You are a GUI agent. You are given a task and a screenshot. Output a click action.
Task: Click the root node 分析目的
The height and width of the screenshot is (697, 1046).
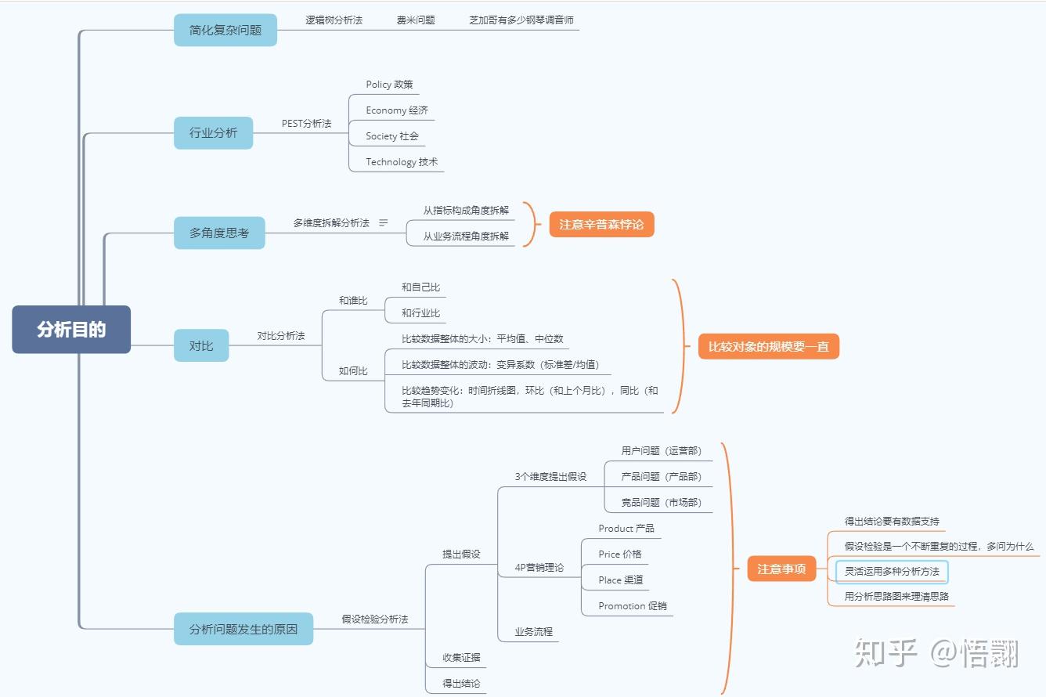(71, 330)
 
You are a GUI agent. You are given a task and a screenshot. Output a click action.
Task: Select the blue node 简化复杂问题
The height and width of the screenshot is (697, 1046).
(225, 31)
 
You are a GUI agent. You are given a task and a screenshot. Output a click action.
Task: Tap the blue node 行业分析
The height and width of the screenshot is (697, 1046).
(214, 133)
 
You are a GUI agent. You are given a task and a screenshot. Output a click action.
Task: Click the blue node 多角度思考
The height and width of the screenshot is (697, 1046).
(219, 233)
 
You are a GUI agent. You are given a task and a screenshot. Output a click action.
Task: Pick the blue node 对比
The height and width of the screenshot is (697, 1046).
(201, 345)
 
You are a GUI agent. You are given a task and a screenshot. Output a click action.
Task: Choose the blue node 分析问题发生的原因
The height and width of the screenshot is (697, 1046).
(243, 629)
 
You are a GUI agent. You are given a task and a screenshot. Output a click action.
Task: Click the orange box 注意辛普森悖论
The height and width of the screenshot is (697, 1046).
(601, 225)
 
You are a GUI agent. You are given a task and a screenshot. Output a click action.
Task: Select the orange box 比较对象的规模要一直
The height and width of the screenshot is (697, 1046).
(768, 346)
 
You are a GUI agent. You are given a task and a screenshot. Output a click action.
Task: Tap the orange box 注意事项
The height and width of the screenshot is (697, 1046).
(781, 569)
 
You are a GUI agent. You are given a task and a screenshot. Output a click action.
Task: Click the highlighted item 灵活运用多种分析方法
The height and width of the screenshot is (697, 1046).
(892, 572)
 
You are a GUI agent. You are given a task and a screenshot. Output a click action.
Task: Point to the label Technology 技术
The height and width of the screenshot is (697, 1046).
(402, 162)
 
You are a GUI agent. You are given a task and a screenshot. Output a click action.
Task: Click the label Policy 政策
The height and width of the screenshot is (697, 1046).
(389, 85)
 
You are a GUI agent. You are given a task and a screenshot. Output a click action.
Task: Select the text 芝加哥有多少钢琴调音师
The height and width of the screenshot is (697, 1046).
(521, 20)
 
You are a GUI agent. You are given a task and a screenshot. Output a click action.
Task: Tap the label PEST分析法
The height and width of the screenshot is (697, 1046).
(307, 124)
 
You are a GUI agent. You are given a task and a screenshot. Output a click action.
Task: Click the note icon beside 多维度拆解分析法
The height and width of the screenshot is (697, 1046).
(384, 223)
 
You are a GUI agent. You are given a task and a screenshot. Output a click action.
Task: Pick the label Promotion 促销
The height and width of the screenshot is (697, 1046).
(633, 606)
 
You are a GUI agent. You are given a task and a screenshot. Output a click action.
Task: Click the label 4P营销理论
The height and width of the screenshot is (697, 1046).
(539, 568)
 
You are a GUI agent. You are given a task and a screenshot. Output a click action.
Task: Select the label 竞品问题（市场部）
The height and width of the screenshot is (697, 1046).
(661, 503)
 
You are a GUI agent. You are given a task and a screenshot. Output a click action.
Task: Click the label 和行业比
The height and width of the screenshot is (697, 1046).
(420, 313)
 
